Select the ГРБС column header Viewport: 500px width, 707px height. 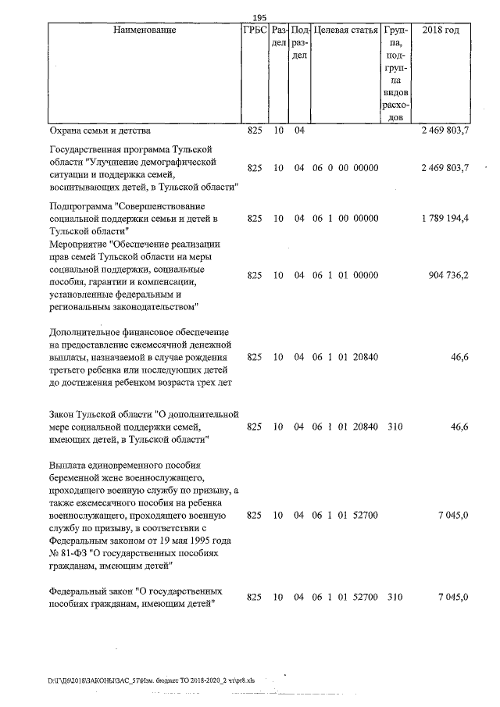(x=255, y=30)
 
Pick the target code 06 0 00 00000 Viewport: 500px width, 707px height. (x=345, y=168)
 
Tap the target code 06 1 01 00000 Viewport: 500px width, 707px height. (x=345, y=276)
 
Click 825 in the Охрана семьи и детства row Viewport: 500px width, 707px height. (x=254, y=130)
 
